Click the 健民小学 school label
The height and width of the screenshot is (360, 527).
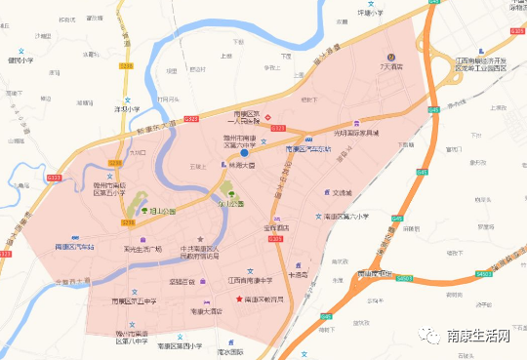[x=20, y=60]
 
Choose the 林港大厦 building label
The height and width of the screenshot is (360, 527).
[x=242, y=166]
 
